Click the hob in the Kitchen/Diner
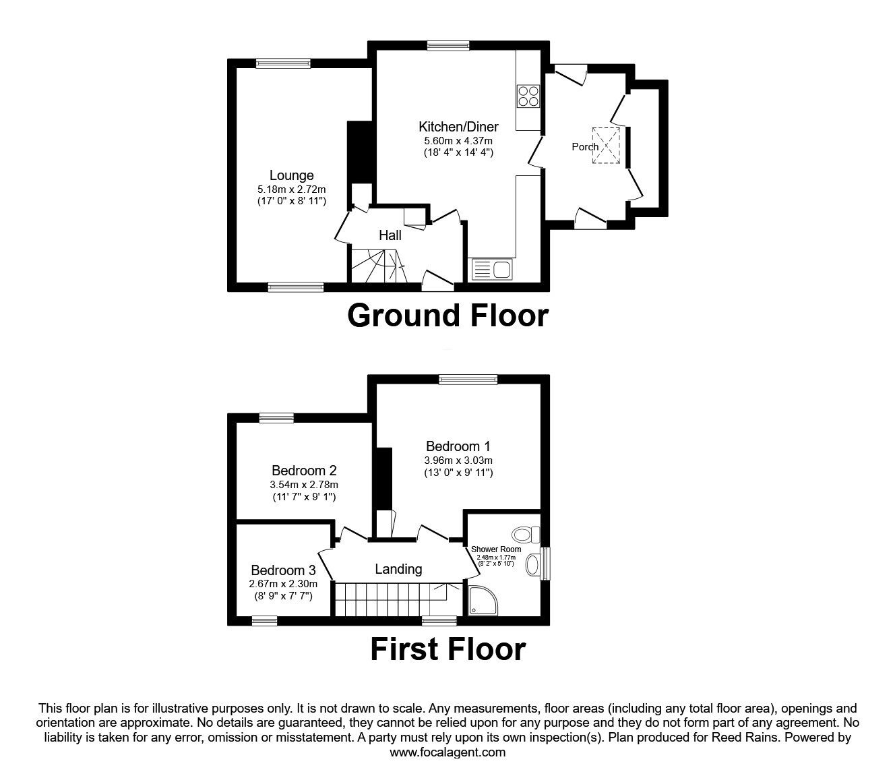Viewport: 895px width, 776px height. pyautogui.click(x=528, y=96)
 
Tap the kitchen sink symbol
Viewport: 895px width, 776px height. pyautogui.click(x=493, y=270)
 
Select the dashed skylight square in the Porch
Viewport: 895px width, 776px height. pyautogui.click(x=606, y=145)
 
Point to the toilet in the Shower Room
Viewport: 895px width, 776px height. pyautogui.click(x=525, y=535)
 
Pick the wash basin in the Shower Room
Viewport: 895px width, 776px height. pyautogui.click(x=533, y=564)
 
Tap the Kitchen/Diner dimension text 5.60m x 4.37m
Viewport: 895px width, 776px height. pyautogui.click(x=458, y=140)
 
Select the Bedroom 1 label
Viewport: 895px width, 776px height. pyautogui.click(x=458, y=446)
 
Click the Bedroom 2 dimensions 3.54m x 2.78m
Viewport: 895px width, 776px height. pyautogui.click(x=304, y=484)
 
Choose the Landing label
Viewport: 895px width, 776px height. pyautogui.click(x=398, y=569)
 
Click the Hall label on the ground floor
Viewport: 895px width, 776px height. pyautogui.click(x=390, y=235)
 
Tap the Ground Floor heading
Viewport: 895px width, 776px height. pyautogui.click(x=448, y=316)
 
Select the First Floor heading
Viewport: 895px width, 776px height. pyautogui.click(x=448, y=649)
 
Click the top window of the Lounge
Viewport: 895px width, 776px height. pyautogui.click(x=283, y=63)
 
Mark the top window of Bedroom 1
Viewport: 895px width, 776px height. pyautogui.click(x=468, y=380)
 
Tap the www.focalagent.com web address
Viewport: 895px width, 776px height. pyautogui.click(x=448, y=752)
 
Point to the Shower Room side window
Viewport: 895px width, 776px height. pyautogui.click(x=545, y=563)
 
